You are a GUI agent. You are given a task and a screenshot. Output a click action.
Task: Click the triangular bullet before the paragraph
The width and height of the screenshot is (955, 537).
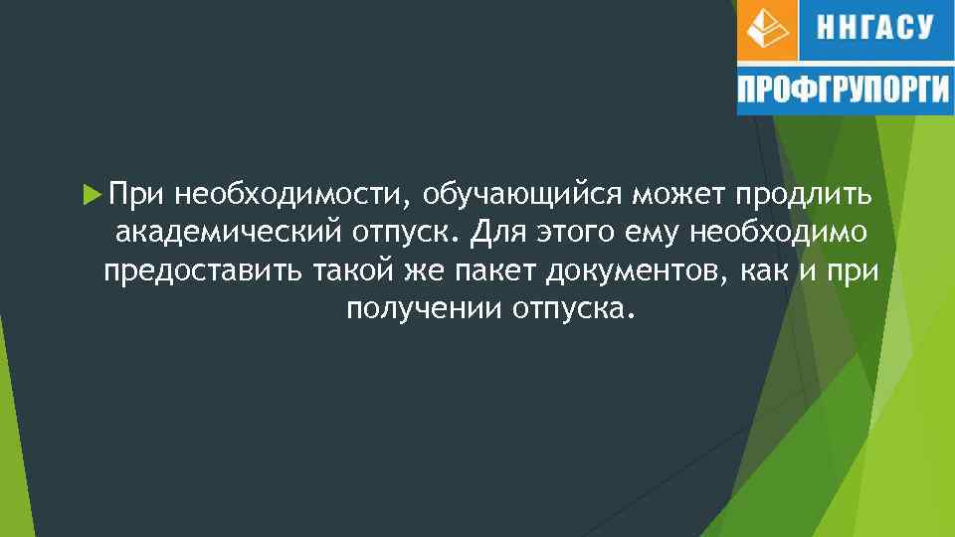click(92, 189)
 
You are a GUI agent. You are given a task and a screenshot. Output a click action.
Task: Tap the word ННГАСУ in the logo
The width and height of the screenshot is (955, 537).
click(875, 28)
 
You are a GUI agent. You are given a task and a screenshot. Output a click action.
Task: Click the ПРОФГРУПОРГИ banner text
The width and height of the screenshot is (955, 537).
click(844, 90)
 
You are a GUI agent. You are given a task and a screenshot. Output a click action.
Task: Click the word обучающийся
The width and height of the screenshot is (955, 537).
click(515, 192)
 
